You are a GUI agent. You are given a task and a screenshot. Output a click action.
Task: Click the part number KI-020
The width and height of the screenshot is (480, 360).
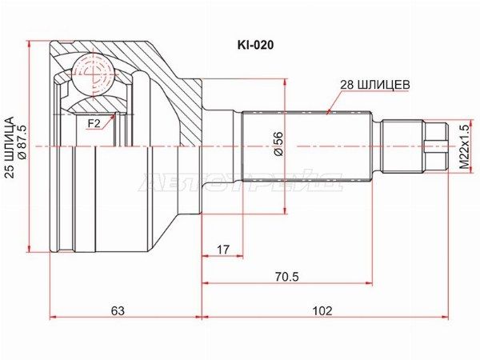pos(255,46)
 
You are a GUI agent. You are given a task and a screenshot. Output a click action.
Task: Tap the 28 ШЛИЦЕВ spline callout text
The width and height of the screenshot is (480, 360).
pos(375,85)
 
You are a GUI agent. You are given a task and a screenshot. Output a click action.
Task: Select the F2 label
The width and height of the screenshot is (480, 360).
pos(94,124)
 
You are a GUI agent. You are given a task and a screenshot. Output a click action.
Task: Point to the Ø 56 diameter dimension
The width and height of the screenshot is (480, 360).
pos(279,144)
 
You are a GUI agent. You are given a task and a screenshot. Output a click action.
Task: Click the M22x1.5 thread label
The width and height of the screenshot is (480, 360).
pos(465,147)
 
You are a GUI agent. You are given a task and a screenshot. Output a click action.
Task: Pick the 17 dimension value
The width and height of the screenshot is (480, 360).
pos(223,250)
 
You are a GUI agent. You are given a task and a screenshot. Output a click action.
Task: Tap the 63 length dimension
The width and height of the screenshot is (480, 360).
pos(118,311)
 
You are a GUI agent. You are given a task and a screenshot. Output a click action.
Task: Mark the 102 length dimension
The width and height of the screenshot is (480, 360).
pos(322,311)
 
